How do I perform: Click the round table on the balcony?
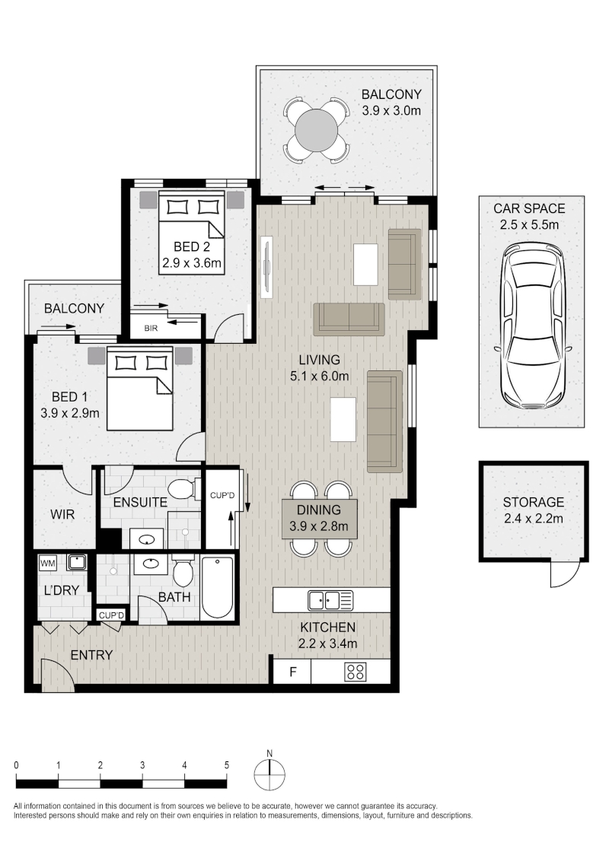click(x=316, y=131)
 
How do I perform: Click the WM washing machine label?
click(x=48, y=563)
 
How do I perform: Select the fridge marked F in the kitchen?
click(x=292, y=672)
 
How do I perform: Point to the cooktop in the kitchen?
click(x=355, y=672)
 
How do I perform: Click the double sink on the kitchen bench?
click(x=330, y=600)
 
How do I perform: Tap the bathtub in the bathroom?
click(x=217, y=587)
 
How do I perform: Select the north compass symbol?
click(x=269, y=773)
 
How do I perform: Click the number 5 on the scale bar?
click(x=226, y=765)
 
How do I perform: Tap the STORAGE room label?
click(x=533, y=502)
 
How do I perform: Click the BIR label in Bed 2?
click(x=151, y=329)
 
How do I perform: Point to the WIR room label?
click(x=62, y=514)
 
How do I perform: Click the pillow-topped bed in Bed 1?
click(x=140, y=389)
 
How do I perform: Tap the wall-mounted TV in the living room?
click(x=267, y=267)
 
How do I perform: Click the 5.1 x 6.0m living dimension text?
click(x=319, y=376)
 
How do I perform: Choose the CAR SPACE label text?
click(x=529, y=208)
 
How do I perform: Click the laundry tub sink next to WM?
click(x=76, y=562)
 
